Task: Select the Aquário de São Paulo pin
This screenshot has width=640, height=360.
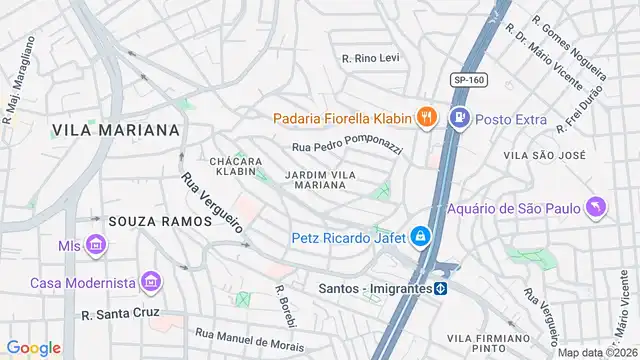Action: coord(598,208)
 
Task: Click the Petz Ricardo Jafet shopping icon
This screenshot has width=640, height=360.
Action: coord(421,238)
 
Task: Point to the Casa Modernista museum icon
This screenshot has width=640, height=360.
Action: coord(151,282)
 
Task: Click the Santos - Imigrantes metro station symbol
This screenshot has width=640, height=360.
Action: coord(440,288)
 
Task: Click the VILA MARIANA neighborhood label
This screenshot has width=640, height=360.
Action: coord(116,130)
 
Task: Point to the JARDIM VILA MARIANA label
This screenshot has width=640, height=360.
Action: coord(321,180)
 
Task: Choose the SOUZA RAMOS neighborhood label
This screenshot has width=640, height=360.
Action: coord(160,220)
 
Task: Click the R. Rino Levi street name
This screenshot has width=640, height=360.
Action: coord(370,58)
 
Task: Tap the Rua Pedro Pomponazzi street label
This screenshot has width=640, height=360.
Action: coord(347,148)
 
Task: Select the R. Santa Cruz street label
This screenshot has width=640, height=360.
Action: coord(122,314)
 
